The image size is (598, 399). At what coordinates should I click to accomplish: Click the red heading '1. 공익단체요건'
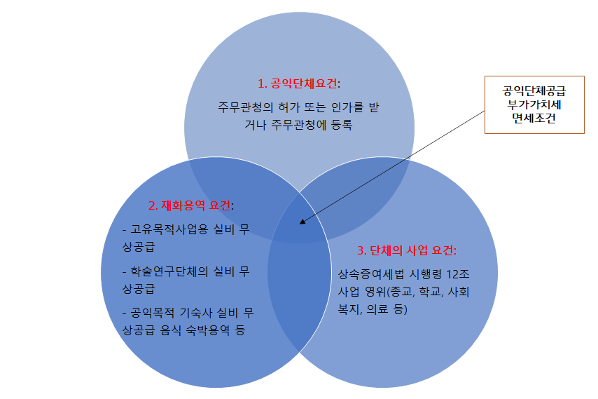tap(298, 83)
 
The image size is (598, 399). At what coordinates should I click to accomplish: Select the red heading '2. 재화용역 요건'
tap(190, 206)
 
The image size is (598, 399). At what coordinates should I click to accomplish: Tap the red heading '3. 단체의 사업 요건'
tap(407, 250)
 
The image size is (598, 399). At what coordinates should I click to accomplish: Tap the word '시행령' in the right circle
tap(422, 274)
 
